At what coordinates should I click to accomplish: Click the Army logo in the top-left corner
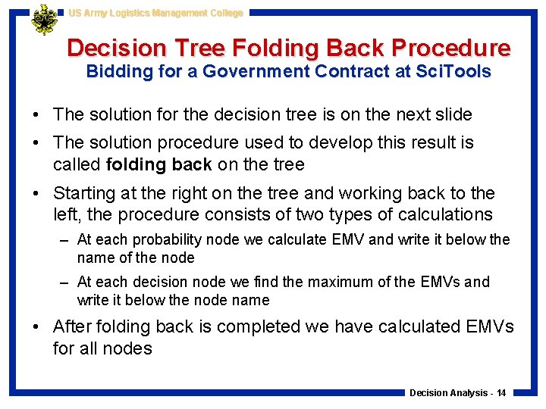pyautogui.click(x=44, y=20)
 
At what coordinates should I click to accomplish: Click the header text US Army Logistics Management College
pyautogui.click(x=155, y=13)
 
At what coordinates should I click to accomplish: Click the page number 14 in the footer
pyautogui.click(x=501, y=392)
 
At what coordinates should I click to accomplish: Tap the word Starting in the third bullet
pyautogui.click(x=85, y=193)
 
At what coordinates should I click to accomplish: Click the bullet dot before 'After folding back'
pyautogui.click(x=37, y=327)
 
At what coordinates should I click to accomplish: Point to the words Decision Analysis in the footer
pyautogui.click(x=449, y=392)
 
